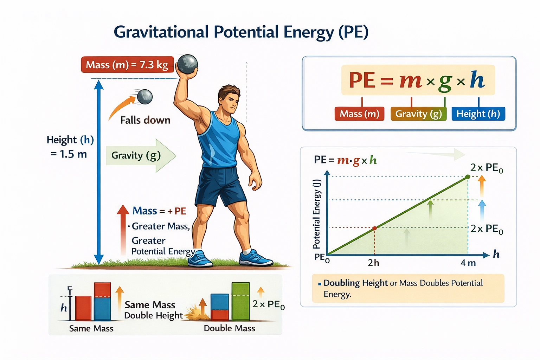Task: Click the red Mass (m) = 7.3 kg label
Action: (127, 65)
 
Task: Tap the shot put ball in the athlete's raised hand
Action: (187, 64)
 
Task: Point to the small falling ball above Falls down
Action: (144, 97)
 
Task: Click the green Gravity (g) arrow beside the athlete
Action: (141, 155)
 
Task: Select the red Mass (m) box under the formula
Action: (359, 114)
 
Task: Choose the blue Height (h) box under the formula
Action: (478, 114)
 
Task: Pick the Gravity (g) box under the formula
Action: (418, 114)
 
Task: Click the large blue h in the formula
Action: (477, 80)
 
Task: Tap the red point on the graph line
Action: (374, 228)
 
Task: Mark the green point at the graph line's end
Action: (468, 177)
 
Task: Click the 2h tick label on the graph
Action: (373, 263)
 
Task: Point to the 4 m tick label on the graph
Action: (468, 263)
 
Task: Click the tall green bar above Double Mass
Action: (240, 301)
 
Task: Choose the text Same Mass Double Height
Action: (153, 310)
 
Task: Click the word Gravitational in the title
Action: (161, 32)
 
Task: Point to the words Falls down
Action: (145, 120)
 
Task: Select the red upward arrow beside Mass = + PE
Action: (123, 229)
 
